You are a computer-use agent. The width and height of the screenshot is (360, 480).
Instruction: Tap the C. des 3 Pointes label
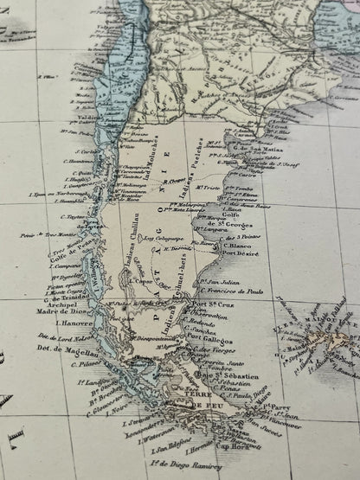point(235,234)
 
